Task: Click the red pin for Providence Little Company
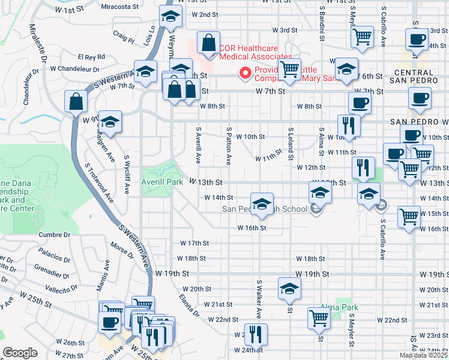pyautogui.click(x=245, y=74)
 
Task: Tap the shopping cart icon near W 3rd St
pyautogui.click(x=361, y=37)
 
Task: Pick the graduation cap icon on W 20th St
pyautogui.click(x=289, y=289)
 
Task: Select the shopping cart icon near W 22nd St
pyautogui.click(x=319, y=318)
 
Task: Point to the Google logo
pyautogui.click(x=20, y=353)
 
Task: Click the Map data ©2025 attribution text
pyautogui.click(x=423, y=355)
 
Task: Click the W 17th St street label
pyautogui.click(x=194, y=244)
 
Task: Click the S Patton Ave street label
pyautogui.click(x=229, y=146)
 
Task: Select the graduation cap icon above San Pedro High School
pyautogui.click(x=261, y=204)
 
